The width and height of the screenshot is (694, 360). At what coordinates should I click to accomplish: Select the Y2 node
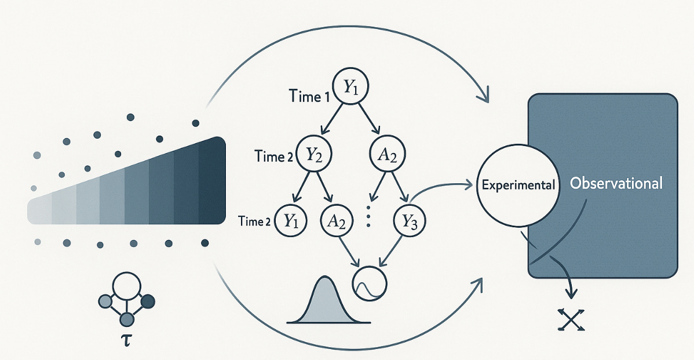click(x=313, y=155)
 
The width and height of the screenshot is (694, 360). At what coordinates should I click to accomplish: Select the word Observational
click(x=615, y=184)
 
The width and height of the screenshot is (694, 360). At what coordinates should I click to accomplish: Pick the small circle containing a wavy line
click(x=370, y=283)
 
